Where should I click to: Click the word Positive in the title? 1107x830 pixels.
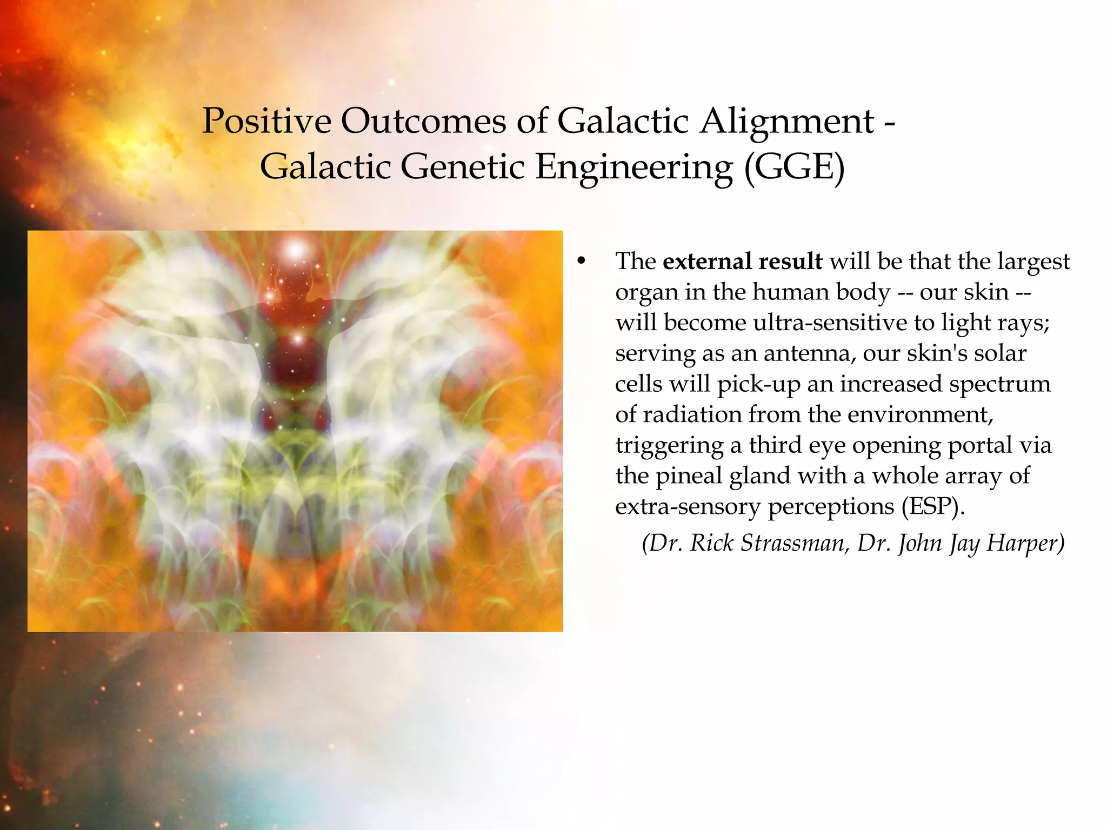coord(266,121)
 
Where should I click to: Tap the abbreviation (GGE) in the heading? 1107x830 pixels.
coord(794,167)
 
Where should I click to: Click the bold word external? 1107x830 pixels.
coord(707,262)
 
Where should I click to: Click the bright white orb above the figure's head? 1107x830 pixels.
coord(296,250)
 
